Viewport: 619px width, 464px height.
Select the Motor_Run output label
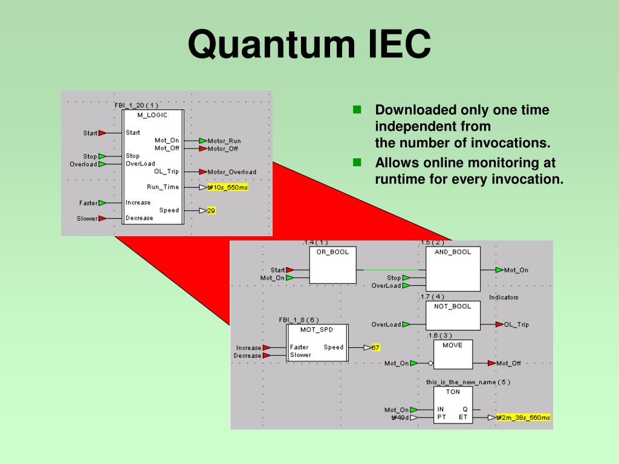point(224,141)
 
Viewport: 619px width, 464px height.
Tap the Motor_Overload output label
point(232,172)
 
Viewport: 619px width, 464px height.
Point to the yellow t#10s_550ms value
point(227,187)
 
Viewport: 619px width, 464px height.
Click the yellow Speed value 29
point(211,210)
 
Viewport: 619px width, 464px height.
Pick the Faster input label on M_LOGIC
point(88,203)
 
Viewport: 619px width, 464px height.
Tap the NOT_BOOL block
point(453,314)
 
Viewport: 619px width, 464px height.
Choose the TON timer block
point(453,405)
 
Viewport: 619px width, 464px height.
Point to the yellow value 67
point(375,347)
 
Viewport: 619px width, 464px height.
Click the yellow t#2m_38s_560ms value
point(523,417)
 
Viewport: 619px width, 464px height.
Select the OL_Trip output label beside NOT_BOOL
point(516,324)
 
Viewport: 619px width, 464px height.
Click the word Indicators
point(504,297)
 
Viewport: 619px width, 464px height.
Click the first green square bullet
point(357,110)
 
